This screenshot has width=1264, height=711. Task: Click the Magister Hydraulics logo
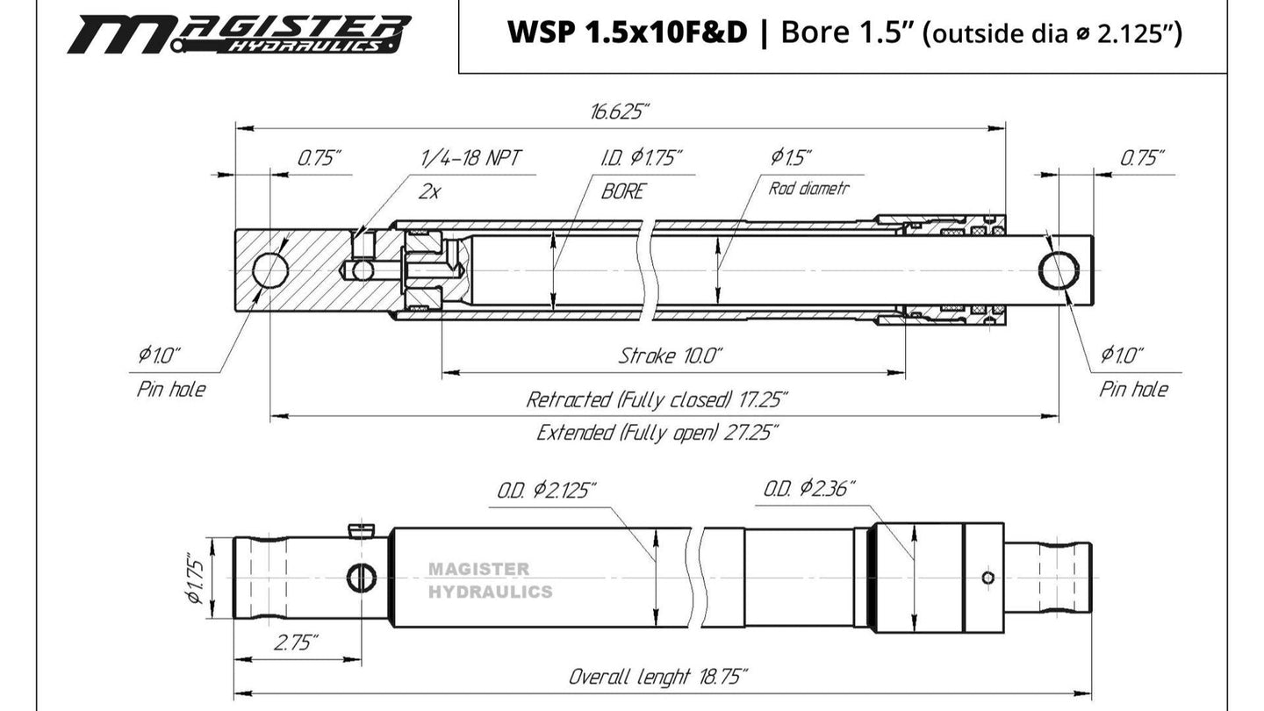point(239,33)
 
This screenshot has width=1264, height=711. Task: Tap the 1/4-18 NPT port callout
point(470,158)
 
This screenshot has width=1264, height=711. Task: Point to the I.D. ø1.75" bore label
point(642,158)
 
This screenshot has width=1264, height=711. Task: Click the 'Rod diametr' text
point(808,188)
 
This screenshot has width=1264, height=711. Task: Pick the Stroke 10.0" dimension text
point(671,355)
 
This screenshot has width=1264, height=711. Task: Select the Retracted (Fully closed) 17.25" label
point(657,400)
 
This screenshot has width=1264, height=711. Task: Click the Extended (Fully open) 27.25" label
point(657,433)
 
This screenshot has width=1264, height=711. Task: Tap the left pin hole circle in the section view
point(270,269)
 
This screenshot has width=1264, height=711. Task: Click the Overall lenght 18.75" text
point(658,677)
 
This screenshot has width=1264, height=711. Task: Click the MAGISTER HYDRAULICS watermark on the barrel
point(490,580)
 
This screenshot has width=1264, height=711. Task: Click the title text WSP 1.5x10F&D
point(628,33)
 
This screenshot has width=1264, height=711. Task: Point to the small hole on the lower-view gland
point(988,577)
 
